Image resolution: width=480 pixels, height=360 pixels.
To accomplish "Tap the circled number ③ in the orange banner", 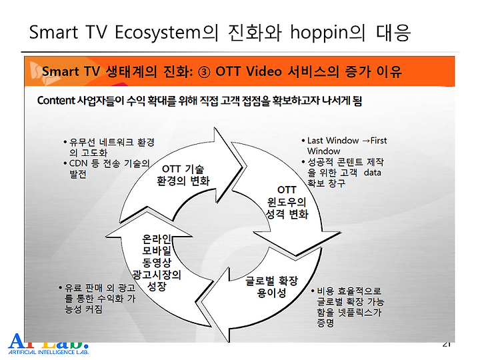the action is [x=204, y=72].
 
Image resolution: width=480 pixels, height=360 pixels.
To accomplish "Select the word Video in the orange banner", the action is [x=264, y=71].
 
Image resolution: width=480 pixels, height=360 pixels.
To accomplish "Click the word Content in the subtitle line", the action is [x=56, y=101].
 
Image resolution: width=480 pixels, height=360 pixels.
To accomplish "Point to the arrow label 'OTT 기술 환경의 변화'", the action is [x=183, y=175].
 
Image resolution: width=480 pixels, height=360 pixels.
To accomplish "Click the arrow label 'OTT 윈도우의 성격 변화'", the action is [x=287, y=202].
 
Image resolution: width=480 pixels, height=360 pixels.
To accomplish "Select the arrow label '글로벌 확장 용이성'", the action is [x=271, y=287].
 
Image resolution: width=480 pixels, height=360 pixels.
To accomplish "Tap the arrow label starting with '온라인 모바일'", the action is [x=157, y=263].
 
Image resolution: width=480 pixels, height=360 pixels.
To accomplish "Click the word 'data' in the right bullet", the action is [x=372, y=173].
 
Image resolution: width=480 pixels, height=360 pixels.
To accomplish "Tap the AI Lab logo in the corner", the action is [x=49, y=344].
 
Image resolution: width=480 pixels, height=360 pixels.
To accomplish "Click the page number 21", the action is [x=447, y=345].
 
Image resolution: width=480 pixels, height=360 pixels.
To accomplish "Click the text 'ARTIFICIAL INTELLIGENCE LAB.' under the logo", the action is [x=49, y=352].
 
